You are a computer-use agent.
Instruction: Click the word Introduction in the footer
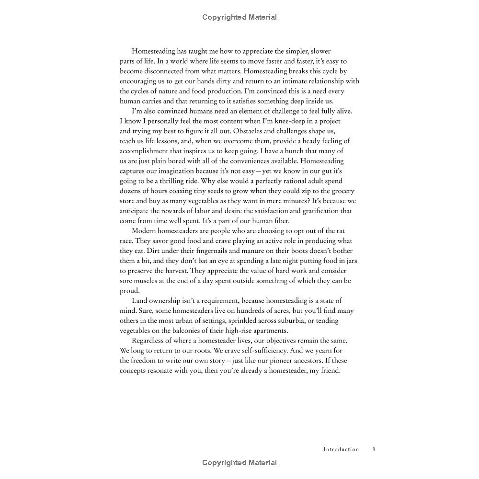(341, 449)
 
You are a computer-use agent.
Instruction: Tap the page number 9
(374, 449)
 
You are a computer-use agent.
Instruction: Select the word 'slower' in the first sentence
(320, 51)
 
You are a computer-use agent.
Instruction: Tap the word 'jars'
(350, 261)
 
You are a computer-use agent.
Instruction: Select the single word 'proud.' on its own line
(130, 291)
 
